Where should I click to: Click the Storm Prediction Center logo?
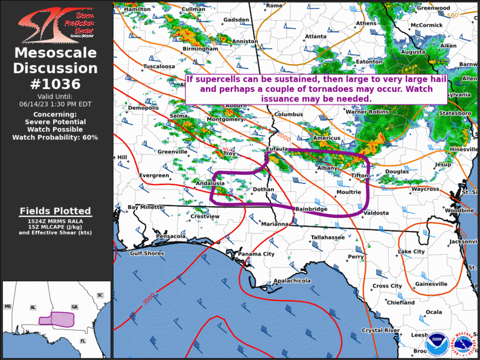click(55, 24)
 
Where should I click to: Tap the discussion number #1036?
click(55, 84)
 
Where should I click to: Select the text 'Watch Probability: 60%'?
click(55, 137)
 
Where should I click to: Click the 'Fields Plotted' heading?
click(55, 211)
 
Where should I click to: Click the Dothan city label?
click(263, 189)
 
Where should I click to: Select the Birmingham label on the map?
click(200, 49)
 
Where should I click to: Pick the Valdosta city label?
click(376, 213)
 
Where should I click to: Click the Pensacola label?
click(170, 236)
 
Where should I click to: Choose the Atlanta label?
click(316, 37)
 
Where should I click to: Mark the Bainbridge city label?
click(311, 209)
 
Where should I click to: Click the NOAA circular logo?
click(436, 342)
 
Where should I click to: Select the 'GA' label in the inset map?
click(74, 307)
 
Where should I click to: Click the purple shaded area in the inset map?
click(56, 319)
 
